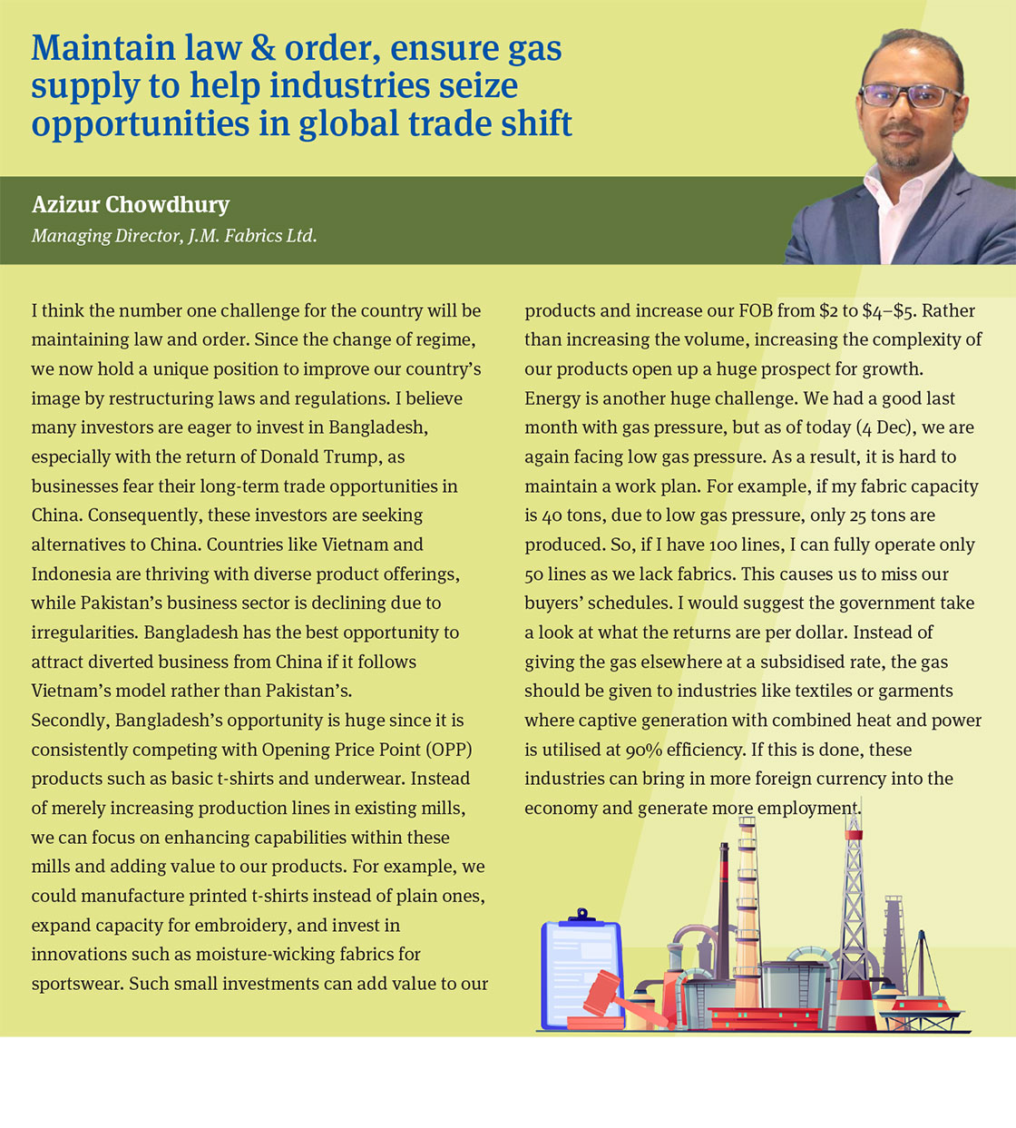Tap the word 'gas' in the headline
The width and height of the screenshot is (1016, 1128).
coord(534,50)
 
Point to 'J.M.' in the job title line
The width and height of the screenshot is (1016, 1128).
coord(207,236)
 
